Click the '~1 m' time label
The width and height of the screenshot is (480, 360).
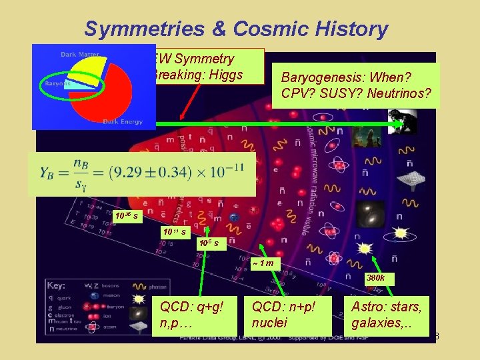pyautogui.click(x=264, y=264)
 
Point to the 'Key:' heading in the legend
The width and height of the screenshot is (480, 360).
pyautogui.click(x=57, y=285)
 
